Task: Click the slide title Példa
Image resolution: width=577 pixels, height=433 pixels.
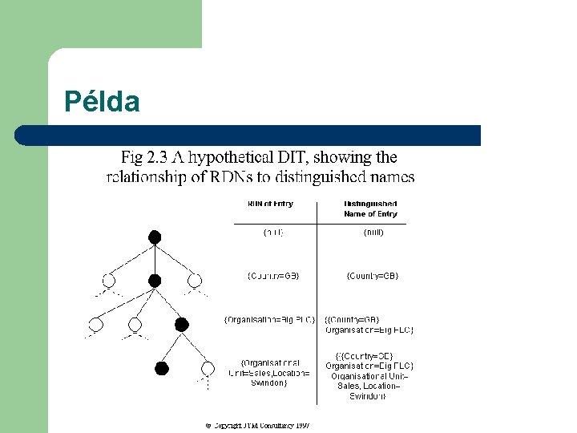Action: tap(103, 102)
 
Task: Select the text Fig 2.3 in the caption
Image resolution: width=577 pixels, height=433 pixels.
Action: tap(147, 157)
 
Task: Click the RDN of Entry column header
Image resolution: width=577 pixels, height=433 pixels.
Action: tap(270, 204)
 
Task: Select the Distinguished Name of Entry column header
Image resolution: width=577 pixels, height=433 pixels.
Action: tap(370, 208)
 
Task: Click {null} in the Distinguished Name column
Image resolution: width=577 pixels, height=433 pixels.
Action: tap(373, 233)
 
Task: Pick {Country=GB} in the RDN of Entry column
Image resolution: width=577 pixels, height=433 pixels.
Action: tap(272, 276)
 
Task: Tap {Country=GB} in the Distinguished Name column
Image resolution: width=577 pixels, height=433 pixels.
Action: tap(373, 276)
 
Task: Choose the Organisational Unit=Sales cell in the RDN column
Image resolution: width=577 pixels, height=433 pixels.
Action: tap(269, 372)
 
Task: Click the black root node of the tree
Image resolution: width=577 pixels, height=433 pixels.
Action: tap(155, 237)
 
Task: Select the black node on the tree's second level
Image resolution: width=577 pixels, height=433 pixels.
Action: tap(155, 281)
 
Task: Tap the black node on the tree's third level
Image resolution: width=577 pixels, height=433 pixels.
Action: tap(181, 324)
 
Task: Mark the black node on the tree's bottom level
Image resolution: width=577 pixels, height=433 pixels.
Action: tap(162, 368)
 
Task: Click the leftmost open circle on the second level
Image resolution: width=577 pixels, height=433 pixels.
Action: tap(109, 281)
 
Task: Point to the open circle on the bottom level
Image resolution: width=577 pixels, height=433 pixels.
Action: tap(208, 368)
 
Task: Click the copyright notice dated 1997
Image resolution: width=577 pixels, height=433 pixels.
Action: tap(257, 425)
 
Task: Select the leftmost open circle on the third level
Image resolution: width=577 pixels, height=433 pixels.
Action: tap(96, 324)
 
